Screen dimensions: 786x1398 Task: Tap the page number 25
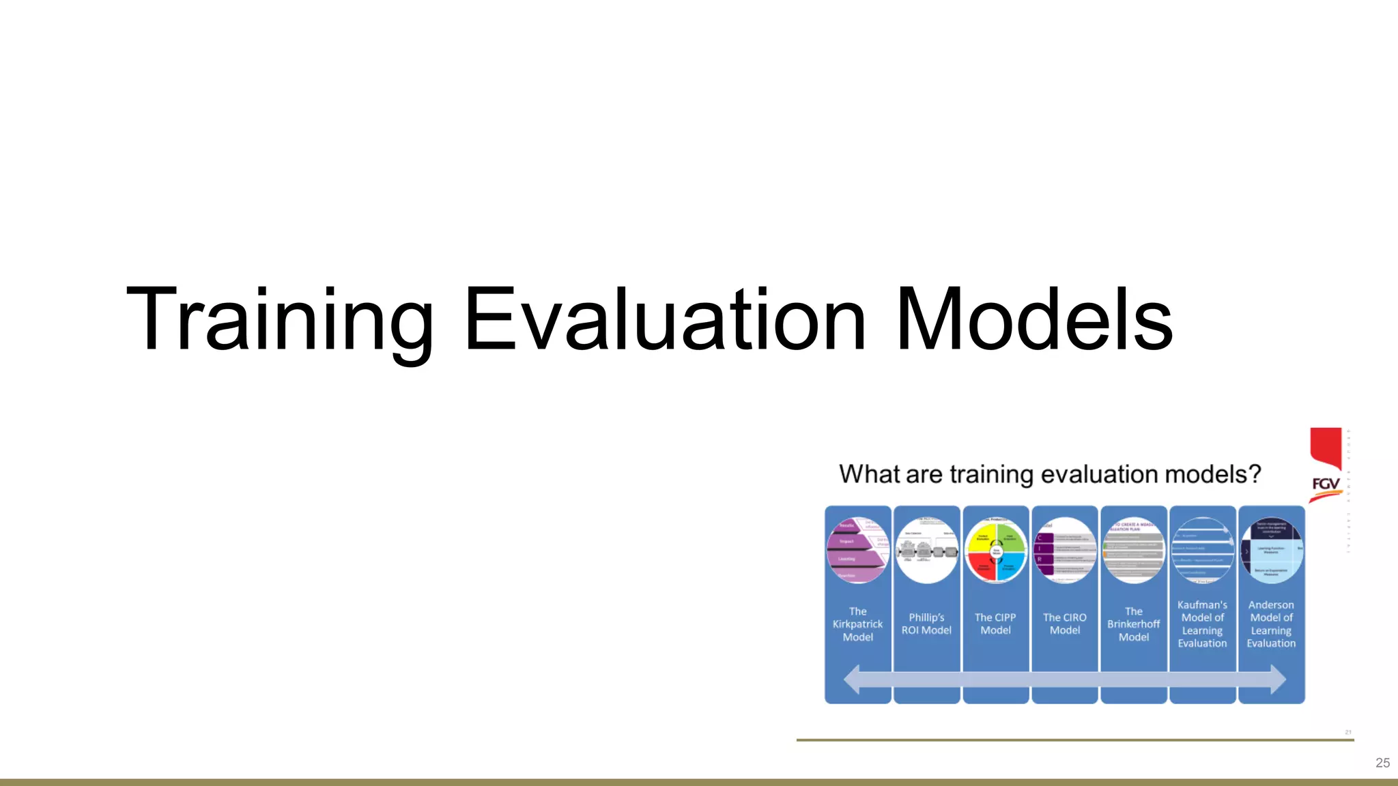(x=1382, y=763)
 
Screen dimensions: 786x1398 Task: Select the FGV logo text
(x=1326, y=484)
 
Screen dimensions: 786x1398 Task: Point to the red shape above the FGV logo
(x=1326, y=447)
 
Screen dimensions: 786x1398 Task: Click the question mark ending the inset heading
(x=1255, y=474)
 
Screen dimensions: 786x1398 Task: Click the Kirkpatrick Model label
(x=857, y=624)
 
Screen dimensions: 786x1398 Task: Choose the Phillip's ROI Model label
(x=926, y=624)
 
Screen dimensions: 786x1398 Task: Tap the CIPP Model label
(x=995, y=624)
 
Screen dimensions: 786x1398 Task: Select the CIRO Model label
(x=1064, y=624)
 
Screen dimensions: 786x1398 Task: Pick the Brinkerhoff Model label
(x=1133, y=624)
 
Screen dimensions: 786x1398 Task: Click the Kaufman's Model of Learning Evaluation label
(x=1202, y=624)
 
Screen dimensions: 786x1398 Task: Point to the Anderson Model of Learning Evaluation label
(x=1271, y=624)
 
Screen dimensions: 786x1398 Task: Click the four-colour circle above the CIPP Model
(x=996, y=550)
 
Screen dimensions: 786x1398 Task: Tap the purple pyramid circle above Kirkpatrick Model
(x=857, y=550)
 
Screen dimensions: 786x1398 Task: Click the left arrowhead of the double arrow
(x=853, y=680)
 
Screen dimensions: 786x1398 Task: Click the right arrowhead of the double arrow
(x=1277, y=680)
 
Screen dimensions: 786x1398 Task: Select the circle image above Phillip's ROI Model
(x=926, y=550)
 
